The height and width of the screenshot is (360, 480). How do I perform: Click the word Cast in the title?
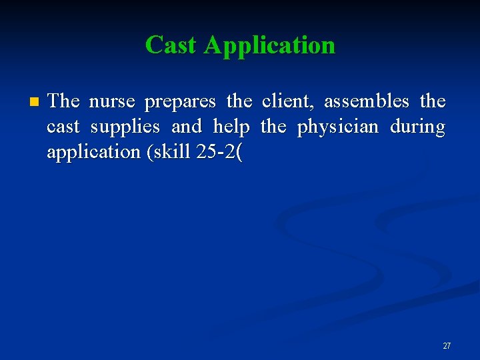click(171, 45)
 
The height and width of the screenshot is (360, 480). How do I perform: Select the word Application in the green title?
click(269, 45)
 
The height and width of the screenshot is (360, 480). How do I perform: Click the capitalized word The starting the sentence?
click(64, 101)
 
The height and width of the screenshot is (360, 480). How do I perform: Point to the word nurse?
click(112, 101)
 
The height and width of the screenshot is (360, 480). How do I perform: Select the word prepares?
click(180, 101)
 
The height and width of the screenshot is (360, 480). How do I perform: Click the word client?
click(288, 101)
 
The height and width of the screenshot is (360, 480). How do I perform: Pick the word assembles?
click(367, 101)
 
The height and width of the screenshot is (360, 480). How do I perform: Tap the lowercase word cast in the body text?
click(63, 127)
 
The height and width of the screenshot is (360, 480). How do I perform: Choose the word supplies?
click(125, 127)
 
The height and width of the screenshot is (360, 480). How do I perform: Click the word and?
click(187, 127)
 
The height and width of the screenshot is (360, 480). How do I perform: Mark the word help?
click(231, 127)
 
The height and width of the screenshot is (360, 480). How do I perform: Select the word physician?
click(337, 127)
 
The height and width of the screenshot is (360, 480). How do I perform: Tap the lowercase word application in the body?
click(93, 152)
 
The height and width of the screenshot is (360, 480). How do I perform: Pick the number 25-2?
click(216, 152)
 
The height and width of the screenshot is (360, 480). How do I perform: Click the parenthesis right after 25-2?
click(239, 152)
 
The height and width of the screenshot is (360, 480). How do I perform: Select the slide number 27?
click(447, 345)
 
